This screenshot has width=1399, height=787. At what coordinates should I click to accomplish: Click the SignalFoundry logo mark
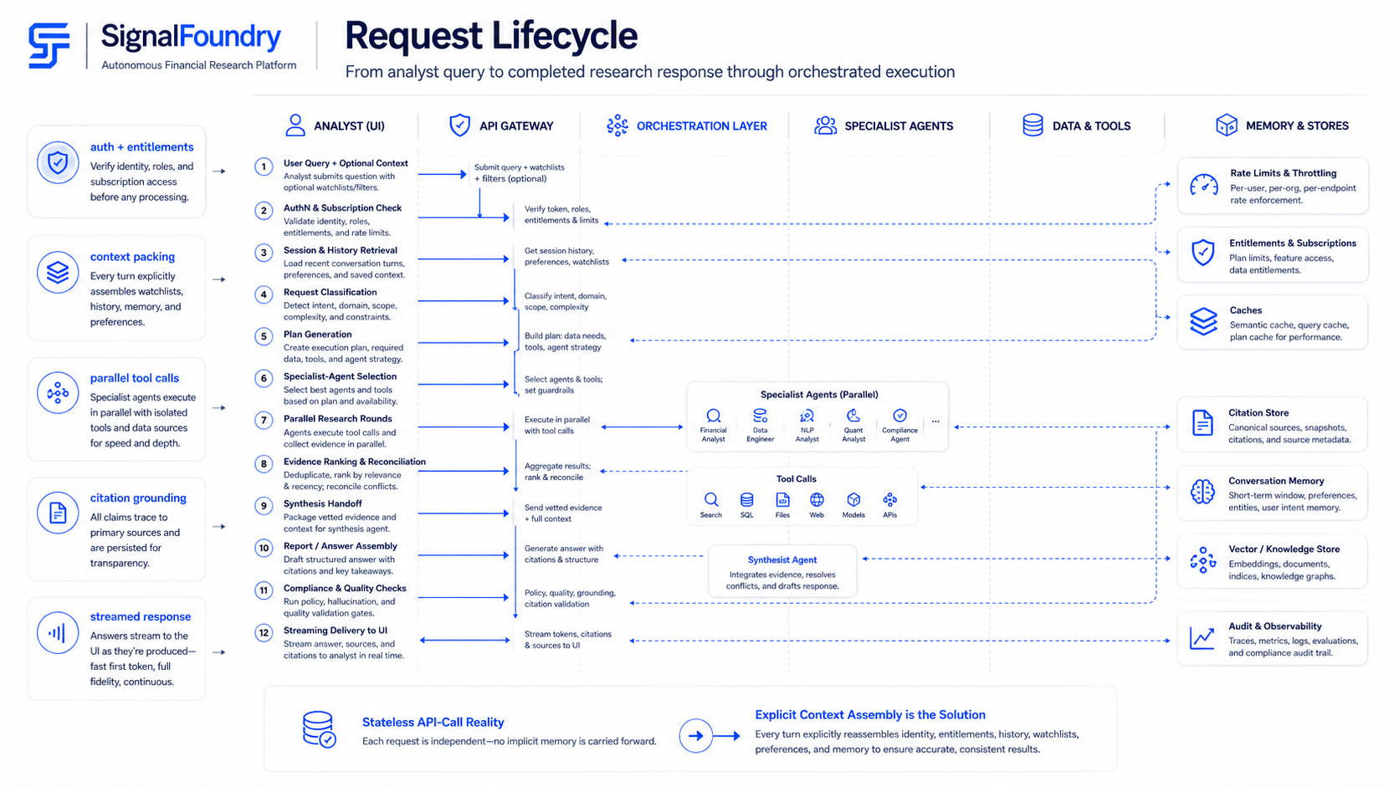(49, 45)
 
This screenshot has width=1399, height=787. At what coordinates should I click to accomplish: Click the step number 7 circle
(264, 420)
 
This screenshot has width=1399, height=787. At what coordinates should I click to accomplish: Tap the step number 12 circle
(264, 633)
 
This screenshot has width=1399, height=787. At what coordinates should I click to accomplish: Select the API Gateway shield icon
(459, 125)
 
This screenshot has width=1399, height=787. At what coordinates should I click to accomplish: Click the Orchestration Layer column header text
(701, 126)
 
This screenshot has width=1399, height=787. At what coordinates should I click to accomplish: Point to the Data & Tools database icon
(1033, 125)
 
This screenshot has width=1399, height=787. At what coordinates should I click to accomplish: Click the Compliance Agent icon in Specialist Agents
(899, 416)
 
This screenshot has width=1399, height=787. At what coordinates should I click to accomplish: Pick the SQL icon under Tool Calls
(746, 500)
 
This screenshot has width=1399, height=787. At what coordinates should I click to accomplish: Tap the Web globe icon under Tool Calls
(817, 500)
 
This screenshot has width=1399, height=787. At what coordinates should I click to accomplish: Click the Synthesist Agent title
(782, 560)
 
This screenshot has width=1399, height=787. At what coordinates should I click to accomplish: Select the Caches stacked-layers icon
(1203, 321)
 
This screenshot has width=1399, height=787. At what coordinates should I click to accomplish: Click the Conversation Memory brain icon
(1202, 492)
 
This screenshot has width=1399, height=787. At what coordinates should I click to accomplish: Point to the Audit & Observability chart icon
(1202, 638)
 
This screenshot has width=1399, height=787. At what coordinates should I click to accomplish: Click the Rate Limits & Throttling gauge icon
(1203, 186)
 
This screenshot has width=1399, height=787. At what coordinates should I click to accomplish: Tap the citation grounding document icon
(58, 513)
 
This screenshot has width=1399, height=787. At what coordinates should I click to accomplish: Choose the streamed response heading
(141, 616)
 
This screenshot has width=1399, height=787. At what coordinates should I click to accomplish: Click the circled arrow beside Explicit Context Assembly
(696, 736)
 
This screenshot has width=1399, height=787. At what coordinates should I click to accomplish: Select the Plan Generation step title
(317, 335)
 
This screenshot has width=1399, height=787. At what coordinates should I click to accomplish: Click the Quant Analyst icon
(853, 416)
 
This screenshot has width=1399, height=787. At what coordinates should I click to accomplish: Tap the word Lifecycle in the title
(565, 36)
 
